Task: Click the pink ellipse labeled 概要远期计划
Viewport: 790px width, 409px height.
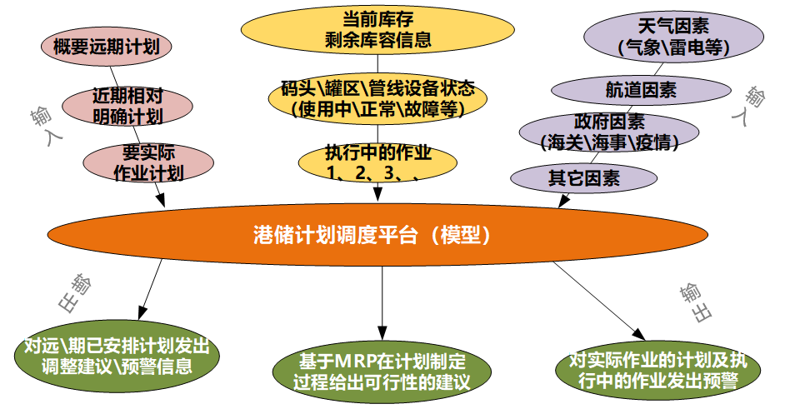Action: click(x=107, y=47)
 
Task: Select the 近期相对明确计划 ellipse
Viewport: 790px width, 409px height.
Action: click(x=127, y=107)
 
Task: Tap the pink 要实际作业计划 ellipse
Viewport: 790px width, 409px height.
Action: click(x=148, y=162)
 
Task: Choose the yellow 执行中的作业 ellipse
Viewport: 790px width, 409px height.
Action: click(x=377, y=162)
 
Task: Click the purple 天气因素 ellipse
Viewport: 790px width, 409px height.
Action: click(x=674, y=37)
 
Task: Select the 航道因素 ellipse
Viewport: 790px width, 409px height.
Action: click(x=642, y=91)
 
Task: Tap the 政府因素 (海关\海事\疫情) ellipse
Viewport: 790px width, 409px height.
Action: click(x=610, y=132)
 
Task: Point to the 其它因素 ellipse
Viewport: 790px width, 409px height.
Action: click(x=584, y=178)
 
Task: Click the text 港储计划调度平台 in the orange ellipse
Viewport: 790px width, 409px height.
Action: click(x=336, y=235)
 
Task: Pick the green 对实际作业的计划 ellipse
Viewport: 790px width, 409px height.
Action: click(x=658, y=370)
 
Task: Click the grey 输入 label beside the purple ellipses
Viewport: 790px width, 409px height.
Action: click(x=747, y=105)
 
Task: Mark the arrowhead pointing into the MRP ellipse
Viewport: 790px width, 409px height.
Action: click(x=382, y=333)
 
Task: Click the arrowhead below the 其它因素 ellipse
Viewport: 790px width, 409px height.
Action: click(x=563, y=201)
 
